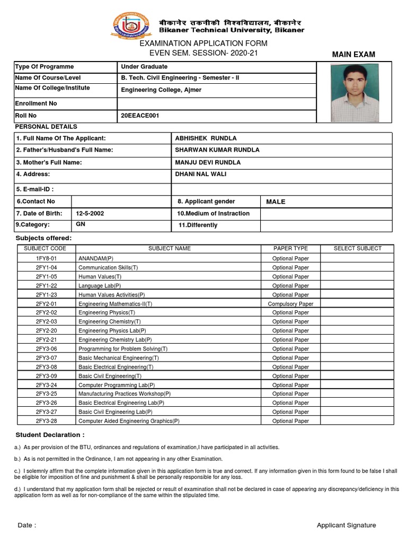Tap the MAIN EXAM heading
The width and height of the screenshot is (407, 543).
coord(353,55)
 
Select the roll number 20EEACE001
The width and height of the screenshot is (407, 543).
coord(140,115)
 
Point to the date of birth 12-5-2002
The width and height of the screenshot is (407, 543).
coord(90,213)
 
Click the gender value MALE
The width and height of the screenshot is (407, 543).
coord(275,202)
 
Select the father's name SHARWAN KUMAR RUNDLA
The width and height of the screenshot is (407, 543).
coord(217,150)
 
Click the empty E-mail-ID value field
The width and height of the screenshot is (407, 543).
coord(281,189)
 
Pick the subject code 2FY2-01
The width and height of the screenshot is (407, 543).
coord(46,304)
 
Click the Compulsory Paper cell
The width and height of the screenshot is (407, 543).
coord(290,304)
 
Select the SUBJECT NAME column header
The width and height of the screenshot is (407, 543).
coord(169,248)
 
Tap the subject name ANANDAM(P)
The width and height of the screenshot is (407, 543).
coord(96,258)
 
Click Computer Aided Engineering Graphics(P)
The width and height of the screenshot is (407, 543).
coord(129,421)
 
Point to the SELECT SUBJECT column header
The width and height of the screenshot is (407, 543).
coord(357,248)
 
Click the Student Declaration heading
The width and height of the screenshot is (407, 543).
coord(50,435)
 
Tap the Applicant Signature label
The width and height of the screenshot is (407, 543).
coord(346,525)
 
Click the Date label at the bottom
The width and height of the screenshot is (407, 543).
coord(27,525)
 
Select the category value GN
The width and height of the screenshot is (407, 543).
coord(81,224)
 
